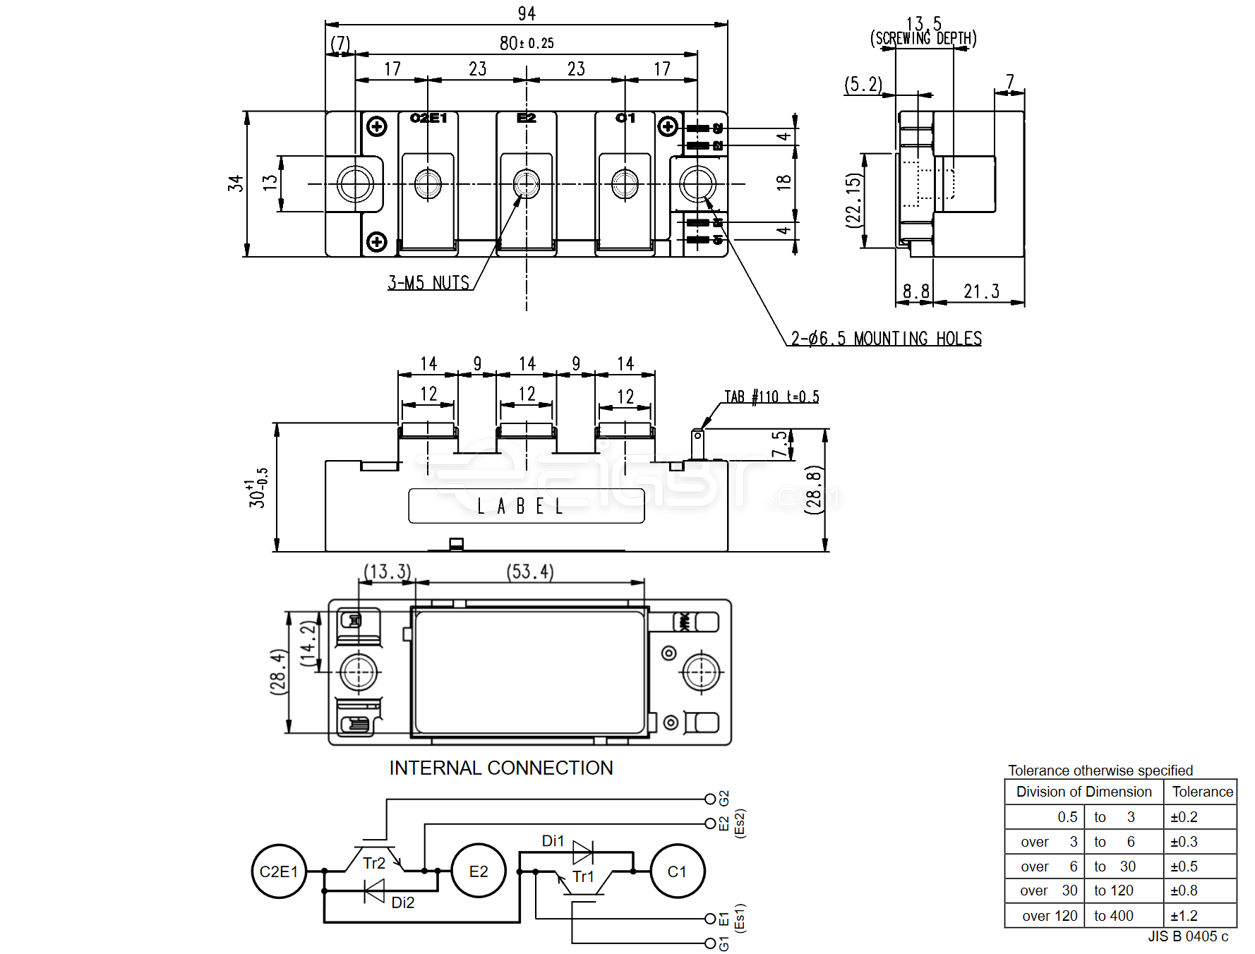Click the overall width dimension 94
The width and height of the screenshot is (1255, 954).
pyautogui.click(x=527, y=13)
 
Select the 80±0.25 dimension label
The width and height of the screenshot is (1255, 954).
pyautogui.click(x=527, y=44)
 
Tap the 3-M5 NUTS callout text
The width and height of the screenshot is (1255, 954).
pyautogui.click(x=428, y=283)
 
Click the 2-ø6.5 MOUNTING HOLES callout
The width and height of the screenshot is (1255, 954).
pyautogui.click(x=886, y=339)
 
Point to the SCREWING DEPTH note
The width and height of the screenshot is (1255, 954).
pyautogui.click(x=923, y=38)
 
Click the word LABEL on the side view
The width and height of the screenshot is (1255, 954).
pyautogui.click(x=520, y=507)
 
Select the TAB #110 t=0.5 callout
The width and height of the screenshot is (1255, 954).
pyautogui.click(x=771, y=397)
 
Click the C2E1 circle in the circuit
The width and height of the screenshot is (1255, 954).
pyautogui.click(x=279, y=871)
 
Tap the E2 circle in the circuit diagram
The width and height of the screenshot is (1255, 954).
pyautogui.click(x=479, y=871)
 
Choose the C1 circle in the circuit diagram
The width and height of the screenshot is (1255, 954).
pyautogui.click(x=677, y=871)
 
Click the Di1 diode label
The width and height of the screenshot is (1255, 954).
pyautogui.click(x=553, y=840)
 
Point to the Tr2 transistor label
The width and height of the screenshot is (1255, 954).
pyautogui.click(x=374, y=863)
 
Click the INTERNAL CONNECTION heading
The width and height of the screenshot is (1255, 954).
pyautogui.click(x=501, y=768)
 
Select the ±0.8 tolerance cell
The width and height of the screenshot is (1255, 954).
pyautogui.click(x=1184, y=890)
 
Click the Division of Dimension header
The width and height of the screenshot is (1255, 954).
pyautogui.click(x=1083, y=792)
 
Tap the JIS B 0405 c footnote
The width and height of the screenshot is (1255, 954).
pyautogui.click(x=1188, y=936)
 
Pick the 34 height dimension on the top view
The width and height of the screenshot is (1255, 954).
pyautogui.click(x=235, y=183)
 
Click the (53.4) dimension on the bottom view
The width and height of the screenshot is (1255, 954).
pyautogui.click(x=530, y=572)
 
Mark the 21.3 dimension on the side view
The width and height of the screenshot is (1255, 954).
pyautogui.click(x=981, y=291)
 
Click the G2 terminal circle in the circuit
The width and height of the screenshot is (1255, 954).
pyautogui.click(x=710, y=799)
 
